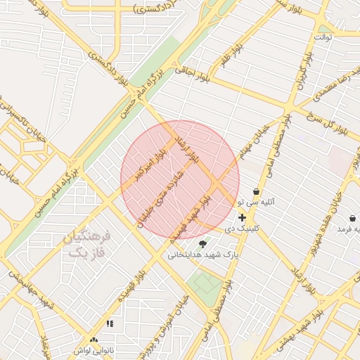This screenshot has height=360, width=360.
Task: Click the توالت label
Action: tap(323, 37)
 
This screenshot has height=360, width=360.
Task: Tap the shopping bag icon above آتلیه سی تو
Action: tap(255, 191)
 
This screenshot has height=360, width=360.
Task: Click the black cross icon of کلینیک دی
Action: tap(243, 218)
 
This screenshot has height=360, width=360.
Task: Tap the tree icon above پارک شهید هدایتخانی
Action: tap(203, 243)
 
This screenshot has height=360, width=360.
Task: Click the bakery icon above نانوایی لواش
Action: tap(94, 340)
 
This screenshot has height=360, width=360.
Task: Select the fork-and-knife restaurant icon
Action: tap(109, 323)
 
